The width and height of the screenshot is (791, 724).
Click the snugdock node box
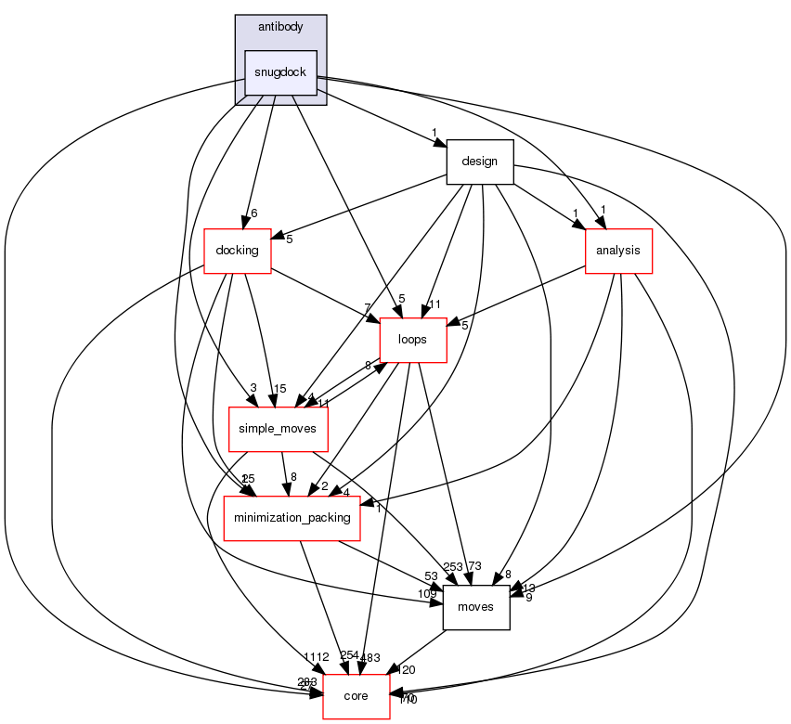coord(280,72)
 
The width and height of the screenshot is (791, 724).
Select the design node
coord(480,162)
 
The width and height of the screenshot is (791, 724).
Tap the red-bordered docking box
coord(237,251)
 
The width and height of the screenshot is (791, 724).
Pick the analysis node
coord(618,251)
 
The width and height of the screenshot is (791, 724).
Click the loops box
coord(412,339)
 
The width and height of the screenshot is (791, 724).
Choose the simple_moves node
coord(277,429)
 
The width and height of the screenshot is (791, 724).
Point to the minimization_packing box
coord(292,518)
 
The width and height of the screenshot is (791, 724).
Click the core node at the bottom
coord(356,696)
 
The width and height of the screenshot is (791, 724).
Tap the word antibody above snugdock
coord(280,27)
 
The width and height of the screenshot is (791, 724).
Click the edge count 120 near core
coord(406,670)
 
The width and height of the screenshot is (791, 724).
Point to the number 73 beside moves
coord(473,566)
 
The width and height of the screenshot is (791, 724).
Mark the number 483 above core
coord(370,656)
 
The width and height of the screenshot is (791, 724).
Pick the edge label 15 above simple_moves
coord(279,388)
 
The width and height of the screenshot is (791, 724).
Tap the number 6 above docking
coord(253,213)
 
